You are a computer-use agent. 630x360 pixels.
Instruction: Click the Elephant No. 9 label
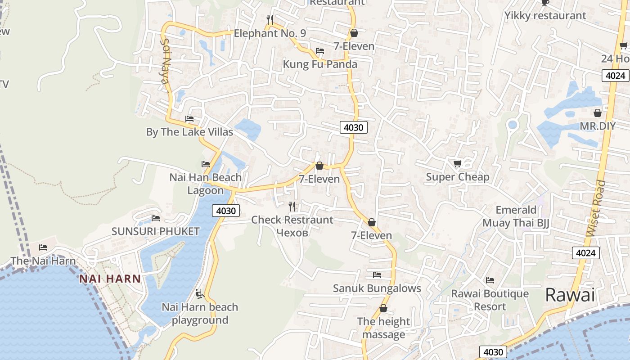270,33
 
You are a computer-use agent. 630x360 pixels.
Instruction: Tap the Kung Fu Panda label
319,64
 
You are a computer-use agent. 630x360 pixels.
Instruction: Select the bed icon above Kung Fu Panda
320,51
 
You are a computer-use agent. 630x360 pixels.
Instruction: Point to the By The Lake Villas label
189,132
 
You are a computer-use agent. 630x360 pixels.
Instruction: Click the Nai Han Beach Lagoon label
205,184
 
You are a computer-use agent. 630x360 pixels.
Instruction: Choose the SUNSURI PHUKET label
155,231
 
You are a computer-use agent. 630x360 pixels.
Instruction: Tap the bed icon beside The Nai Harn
43,247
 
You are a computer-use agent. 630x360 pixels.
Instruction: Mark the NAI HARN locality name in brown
110,279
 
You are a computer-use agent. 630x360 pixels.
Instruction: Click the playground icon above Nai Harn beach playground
200,294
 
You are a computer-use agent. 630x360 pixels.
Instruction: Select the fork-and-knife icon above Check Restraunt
292,207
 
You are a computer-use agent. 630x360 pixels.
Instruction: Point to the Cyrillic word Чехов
292,233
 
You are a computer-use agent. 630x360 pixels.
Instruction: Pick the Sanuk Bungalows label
377,288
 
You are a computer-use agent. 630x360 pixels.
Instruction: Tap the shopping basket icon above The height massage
383,309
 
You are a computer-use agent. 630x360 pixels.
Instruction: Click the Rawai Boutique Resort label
490,300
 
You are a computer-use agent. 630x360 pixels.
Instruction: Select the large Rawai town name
570,295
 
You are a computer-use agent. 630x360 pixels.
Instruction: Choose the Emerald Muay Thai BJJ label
516,216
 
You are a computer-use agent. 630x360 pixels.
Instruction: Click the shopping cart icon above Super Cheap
458,164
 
